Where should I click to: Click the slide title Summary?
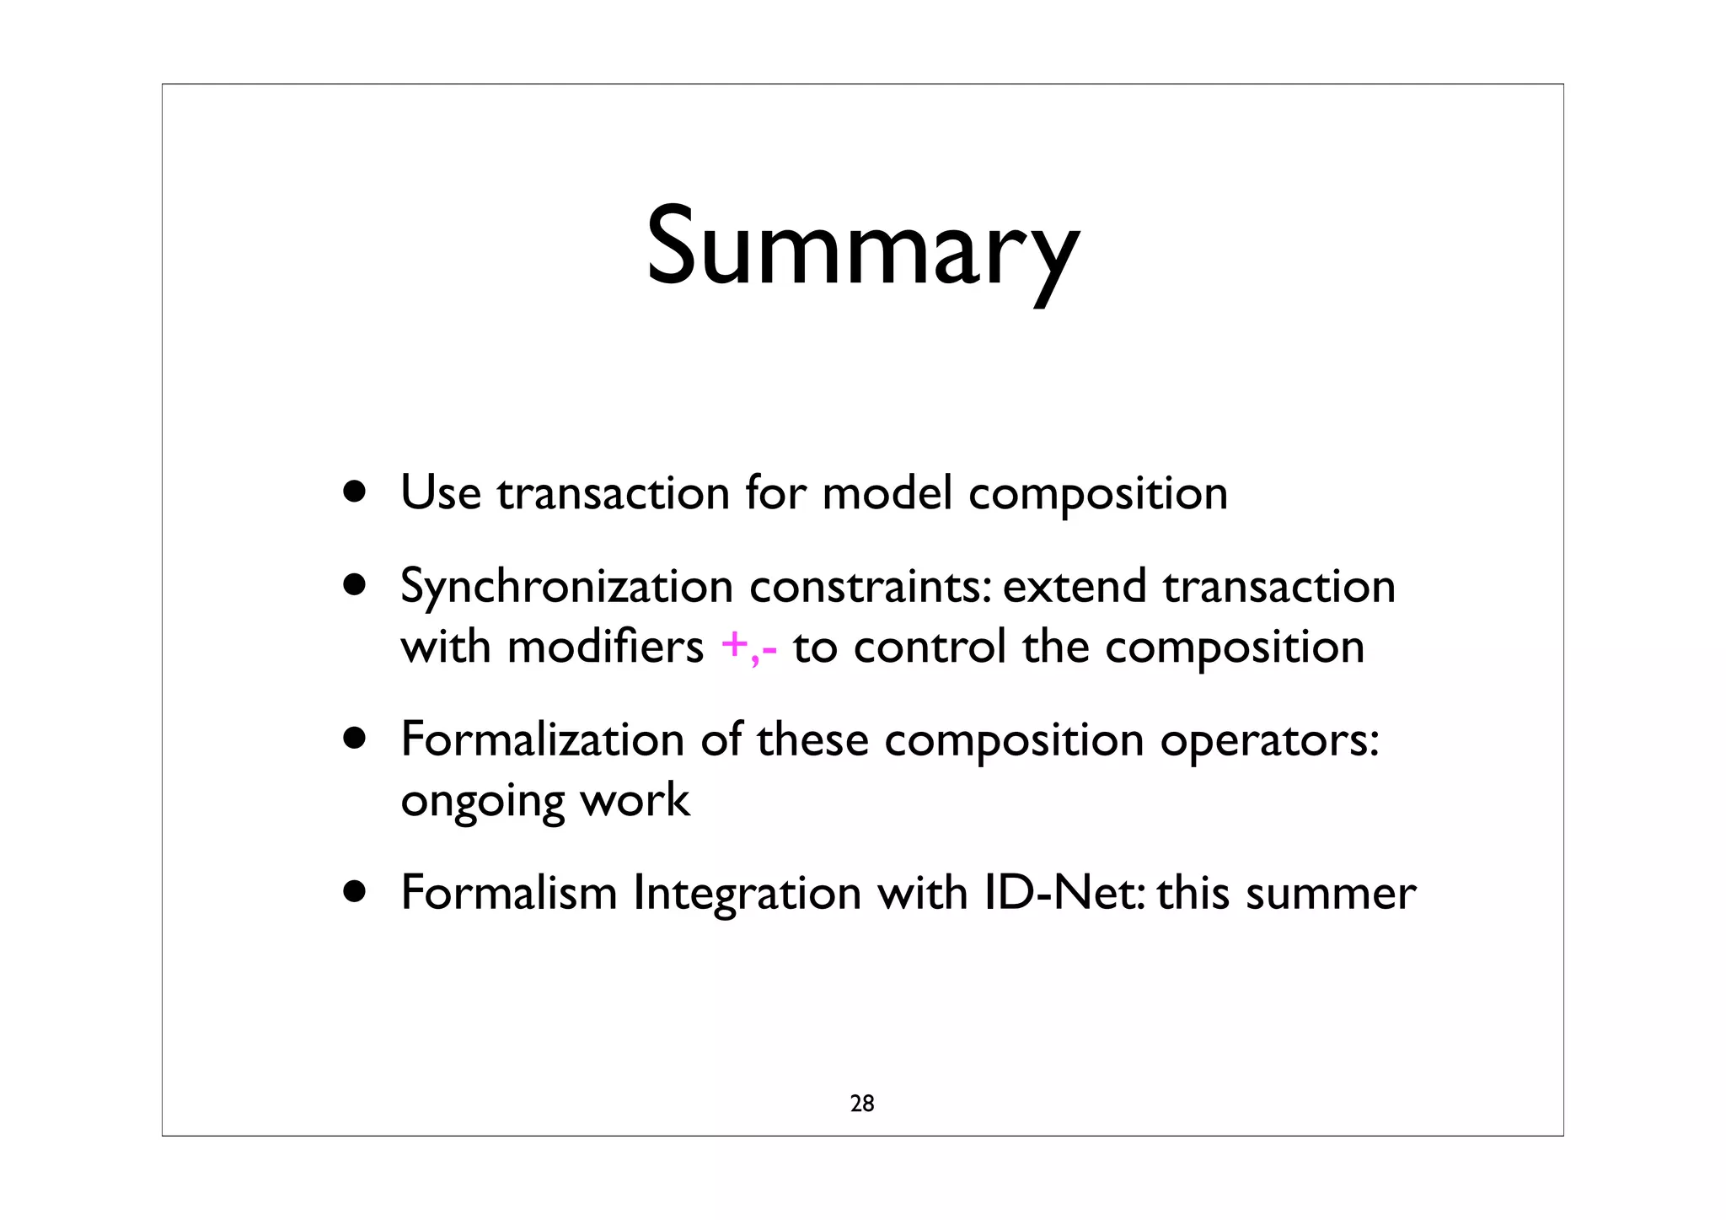pos(862,246)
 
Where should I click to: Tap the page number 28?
pos(862,1104)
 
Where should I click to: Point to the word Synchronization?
pos(566,587)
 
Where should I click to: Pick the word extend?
pos(1075,587)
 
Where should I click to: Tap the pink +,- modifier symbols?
pos(749,648)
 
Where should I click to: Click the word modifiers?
pos(605,648)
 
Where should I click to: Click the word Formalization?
pos(542,739)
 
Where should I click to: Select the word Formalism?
pos(509,893)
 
